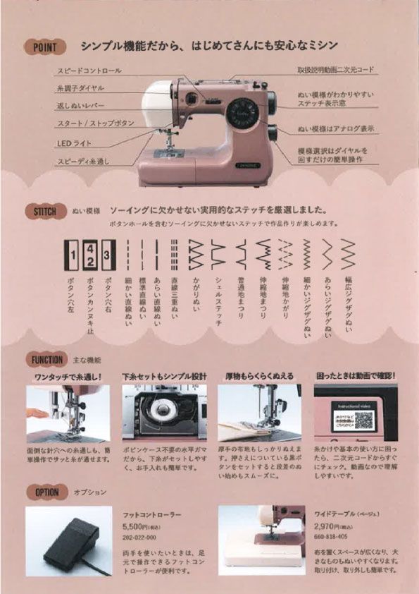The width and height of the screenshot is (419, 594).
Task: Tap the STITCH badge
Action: (x=46, y=211)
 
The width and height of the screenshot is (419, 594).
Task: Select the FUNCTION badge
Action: (x=47, y=359)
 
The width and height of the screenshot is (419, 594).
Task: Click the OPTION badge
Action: (x=46, y=492)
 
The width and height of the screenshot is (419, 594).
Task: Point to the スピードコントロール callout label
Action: (x=89, y=71)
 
